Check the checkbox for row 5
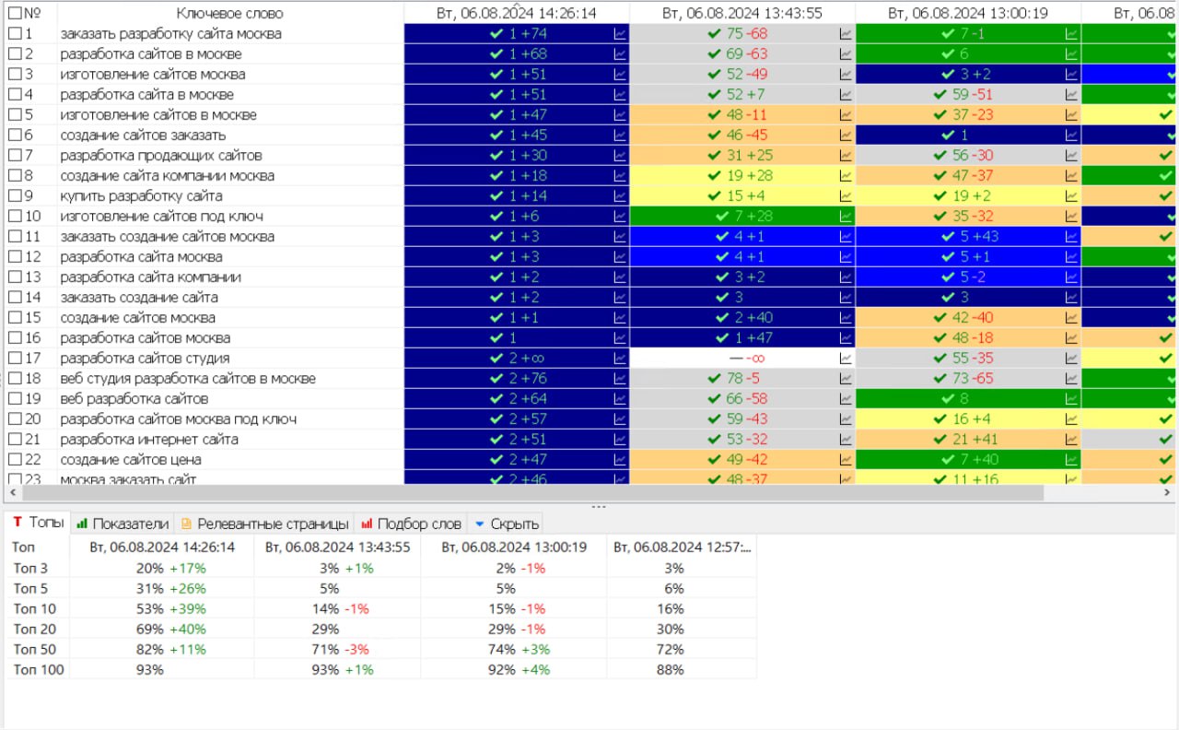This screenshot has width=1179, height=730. tap(15, 115)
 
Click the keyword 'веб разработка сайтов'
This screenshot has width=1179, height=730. tap(134, 399)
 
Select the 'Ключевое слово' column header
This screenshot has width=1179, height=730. tap(229, 13)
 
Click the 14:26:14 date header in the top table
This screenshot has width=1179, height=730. tap(516, 13)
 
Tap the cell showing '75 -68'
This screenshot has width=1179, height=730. tap(737, 34)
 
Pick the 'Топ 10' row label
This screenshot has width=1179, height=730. tap(35, 608)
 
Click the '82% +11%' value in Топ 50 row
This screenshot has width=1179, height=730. tap(170, 649)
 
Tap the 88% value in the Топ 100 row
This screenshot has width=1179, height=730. tap(674, 669)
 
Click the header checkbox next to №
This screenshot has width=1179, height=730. tap(15, 13)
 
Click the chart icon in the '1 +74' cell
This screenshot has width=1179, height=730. tap(620, 34)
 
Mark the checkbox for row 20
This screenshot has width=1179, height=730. tap(15, 419)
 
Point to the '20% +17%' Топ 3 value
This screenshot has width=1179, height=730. tap(170, 568)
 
